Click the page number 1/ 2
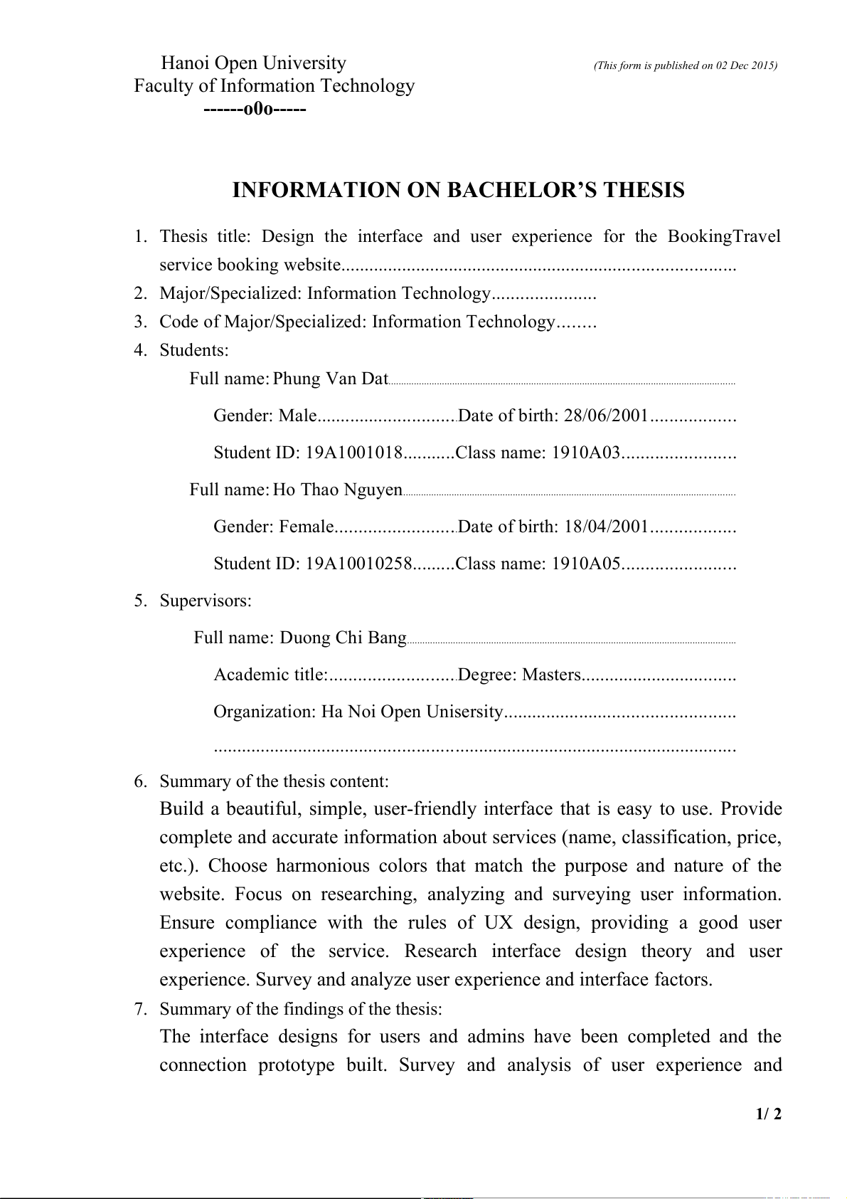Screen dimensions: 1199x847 (768, 1114)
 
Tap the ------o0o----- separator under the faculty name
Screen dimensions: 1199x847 (255, 110)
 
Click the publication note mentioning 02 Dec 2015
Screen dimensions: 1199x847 (685, 65)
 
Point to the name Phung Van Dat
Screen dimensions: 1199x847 (330, 379)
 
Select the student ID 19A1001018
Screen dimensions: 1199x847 (354, 453)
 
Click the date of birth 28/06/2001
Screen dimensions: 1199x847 (606, 416)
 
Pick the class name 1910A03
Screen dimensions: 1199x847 (586, 453)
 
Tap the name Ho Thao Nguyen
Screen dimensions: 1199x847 (337, 490)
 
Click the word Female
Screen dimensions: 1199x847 (306, 527)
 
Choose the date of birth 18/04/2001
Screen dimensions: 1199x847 (606, 527)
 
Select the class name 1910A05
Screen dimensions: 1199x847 (586, 564)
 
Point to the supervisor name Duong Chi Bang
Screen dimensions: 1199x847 (343, 638)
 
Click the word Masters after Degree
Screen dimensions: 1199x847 (551, 675)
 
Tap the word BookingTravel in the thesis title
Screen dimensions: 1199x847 (723, 236)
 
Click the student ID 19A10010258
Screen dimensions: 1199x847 (358, 564)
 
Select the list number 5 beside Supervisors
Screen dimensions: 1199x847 (140, 601)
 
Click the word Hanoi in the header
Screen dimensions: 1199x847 (185, 63)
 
